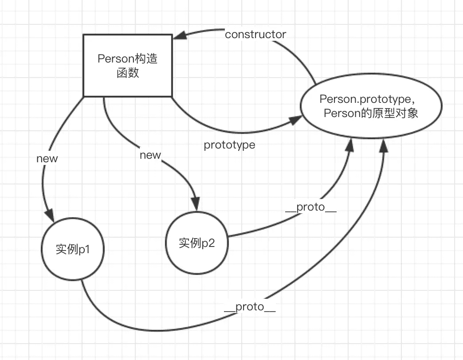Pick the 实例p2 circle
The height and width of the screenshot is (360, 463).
197,243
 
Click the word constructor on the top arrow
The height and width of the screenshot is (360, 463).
255,35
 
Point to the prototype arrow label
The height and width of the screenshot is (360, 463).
229,145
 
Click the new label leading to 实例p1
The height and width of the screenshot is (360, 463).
47,158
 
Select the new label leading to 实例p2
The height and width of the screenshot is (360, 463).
150,155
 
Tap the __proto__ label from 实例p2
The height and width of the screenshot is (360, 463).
311,208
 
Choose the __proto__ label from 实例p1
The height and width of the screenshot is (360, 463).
250,307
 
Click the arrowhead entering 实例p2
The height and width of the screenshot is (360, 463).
196,202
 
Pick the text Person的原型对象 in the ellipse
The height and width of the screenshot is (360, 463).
371,113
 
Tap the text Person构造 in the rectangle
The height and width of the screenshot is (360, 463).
128,59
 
